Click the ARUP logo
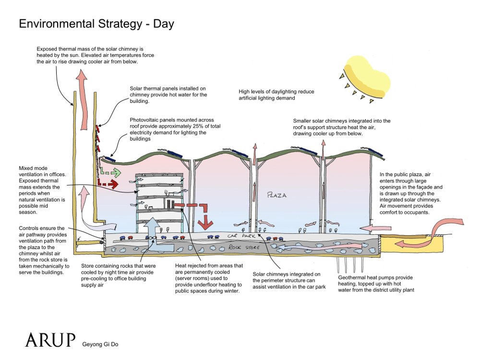click(x=50, y=339)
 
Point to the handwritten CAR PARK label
click(x=240, y=237)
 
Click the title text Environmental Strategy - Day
click(x=96, y=24)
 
